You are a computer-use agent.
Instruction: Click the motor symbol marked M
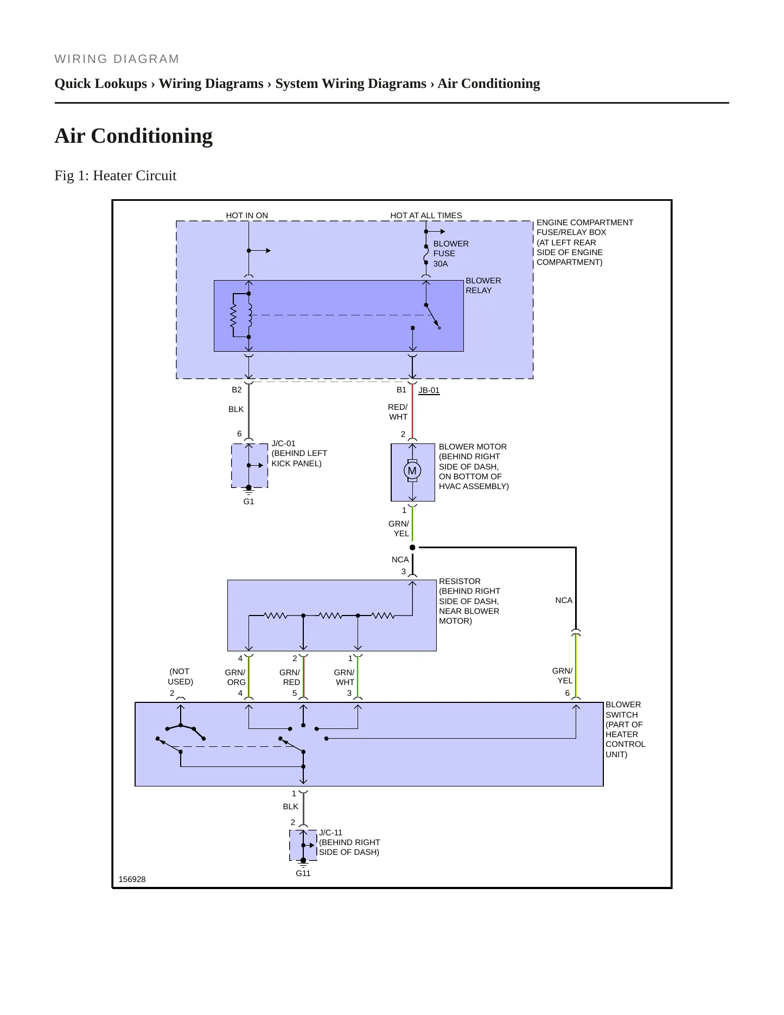412,471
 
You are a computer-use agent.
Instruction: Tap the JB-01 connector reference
429,390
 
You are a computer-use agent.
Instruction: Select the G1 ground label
248,502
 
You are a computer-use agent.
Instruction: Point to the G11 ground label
303,873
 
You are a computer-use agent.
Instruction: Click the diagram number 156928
132,879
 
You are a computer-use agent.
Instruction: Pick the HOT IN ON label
247,215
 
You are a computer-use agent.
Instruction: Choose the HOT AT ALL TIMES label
426,215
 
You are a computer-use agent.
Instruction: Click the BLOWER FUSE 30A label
451,253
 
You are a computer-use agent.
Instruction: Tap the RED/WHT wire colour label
398,412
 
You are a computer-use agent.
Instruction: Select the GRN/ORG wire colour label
235,677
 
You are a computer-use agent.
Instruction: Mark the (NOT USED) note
180,676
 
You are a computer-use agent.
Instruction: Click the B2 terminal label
237,390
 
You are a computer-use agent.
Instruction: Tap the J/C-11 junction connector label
330,833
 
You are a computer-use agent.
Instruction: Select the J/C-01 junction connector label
283,443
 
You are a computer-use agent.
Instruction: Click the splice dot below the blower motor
412,547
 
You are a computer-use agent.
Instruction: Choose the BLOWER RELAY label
483,286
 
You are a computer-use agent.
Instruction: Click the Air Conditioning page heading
133,136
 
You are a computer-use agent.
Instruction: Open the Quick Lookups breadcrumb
101,84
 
